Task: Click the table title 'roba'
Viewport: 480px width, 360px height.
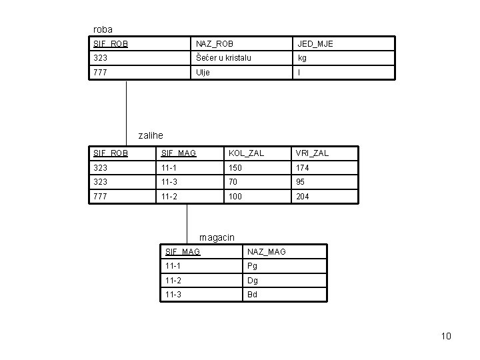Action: pyautogui.click(x=103, y=29)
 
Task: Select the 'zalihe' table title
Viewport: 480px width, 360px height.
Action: pyautogui.click(x=150, y=135)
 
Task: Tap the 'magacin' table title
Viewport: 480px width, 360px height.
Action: pyautogui.click(x=217, y=237)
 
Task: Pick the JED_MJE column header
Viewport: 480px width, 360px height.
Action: pyautogui.click(x=315, y=44)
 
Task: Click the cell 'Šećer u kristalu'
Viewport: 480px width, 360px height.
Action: pyautogui.click(x=223, y=58)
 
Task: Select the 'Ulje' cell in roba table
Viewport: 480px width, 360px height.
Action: pyautogui.click(x=202, y=73)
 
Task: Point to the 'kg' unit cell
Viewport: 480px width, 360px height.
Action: pyautogui.click(x=302, y=58)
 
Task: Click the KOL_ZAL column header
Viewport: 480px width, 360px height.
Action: pyautogui.click(x=246, y=153)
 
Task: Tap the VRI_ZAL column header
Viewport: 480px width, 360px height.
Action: pyautogui.click(x=312, y=153)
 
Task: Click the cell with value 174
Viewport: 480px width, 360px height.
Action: pyautogui.click(x=303, y=168)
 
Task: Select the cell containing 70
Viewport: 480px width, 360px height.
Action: pyautogui.click(x=233, y=183)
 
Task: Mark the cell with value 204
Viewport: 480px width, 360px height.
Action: pyautogui.click(x=303, y=197)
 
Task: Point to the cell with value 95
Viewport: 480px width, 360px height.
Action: pyautogui.click(x=301, y=183)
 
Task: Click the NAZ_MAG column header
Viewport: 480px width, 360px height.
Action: pyautogui.click(x=266, y=251)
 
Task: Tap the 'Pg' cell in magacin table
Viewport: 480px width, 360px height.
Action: pyautogui.click(x=252, y=266)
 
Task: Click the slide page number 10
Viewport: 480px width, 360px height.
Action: pyautogui.click(x=446, y=336)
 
